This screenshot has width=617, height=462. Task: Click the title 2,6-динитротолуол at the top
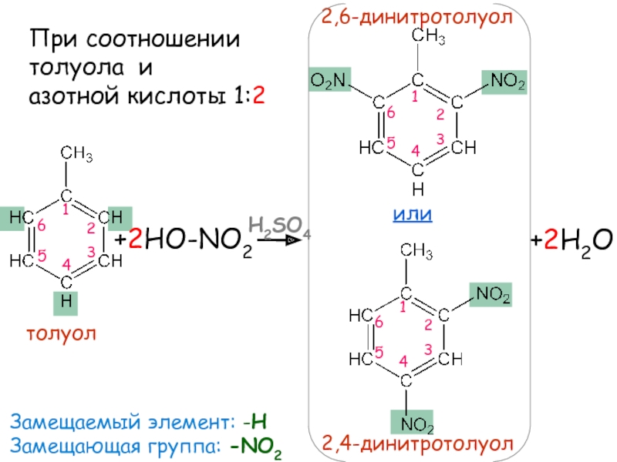point(416,16)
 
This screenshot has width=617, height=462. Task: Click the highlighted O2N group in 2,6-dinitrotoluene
point(330,80)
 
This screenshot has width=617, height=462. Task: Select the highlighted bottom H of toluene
point(66,303)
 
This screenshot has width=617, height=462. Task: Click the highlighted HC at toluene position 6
point(19,219)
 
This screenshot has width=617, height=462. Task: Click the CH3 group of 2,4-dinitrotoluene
point(416,250)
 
